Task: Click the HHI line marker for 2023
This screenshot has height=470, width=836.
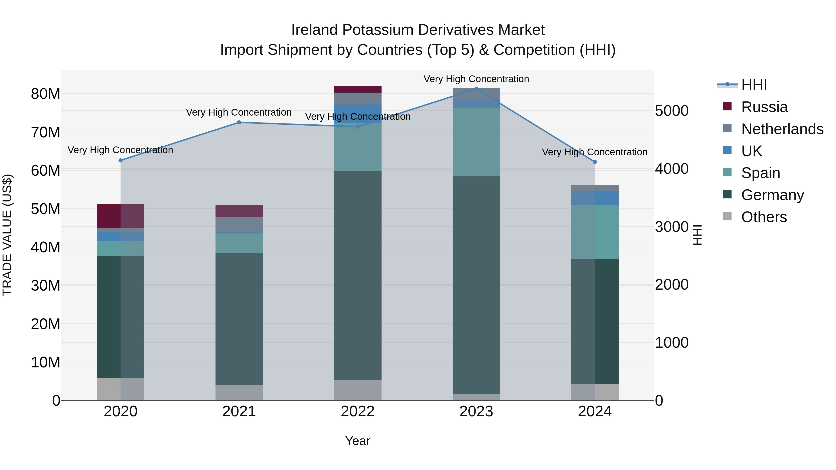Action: tap(476, 89)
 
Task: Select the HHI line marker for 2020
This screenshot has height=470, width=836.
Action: tap(121, 160)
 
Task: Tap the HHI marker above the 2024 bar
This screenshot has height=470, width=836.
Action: tap(594, 162)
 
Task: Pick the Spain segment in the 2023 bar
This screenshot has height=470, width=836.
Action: tap(476, 142)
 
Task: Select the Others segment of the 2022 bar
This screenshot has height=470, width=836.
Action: tap(358, 390)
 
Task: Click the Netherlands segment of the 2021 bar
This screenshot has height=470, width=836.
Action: tap(239, 224)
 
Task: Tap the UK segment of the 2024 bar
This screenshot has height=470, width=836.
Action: tap(594, 198)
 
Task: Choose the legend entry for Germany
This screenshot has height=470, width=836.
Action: tap(772, 195)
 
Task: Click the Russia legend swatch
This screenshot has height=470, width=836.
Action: tap(727, 106)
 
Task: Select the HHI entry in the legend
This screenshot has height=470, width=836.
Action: tap(754, 85)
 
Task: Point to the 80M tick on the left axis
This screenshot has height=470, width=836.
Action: tap(46, 94)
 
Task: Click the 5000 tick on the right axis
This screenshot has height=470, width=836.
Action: tap(671, 111)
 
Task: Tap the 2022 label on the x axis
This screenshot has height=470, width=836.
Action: tap(358, 412)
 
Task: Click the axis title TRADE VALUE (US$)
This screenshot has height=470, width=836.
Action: tap(7, 235)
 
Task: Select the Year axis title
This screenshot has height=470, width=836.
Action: tap(358, 441)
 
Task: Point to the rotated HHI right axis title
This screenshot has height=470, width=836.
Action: tap(697, 235)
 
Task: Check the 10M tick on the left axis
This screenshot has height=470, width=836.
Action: tap(46, 362)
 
